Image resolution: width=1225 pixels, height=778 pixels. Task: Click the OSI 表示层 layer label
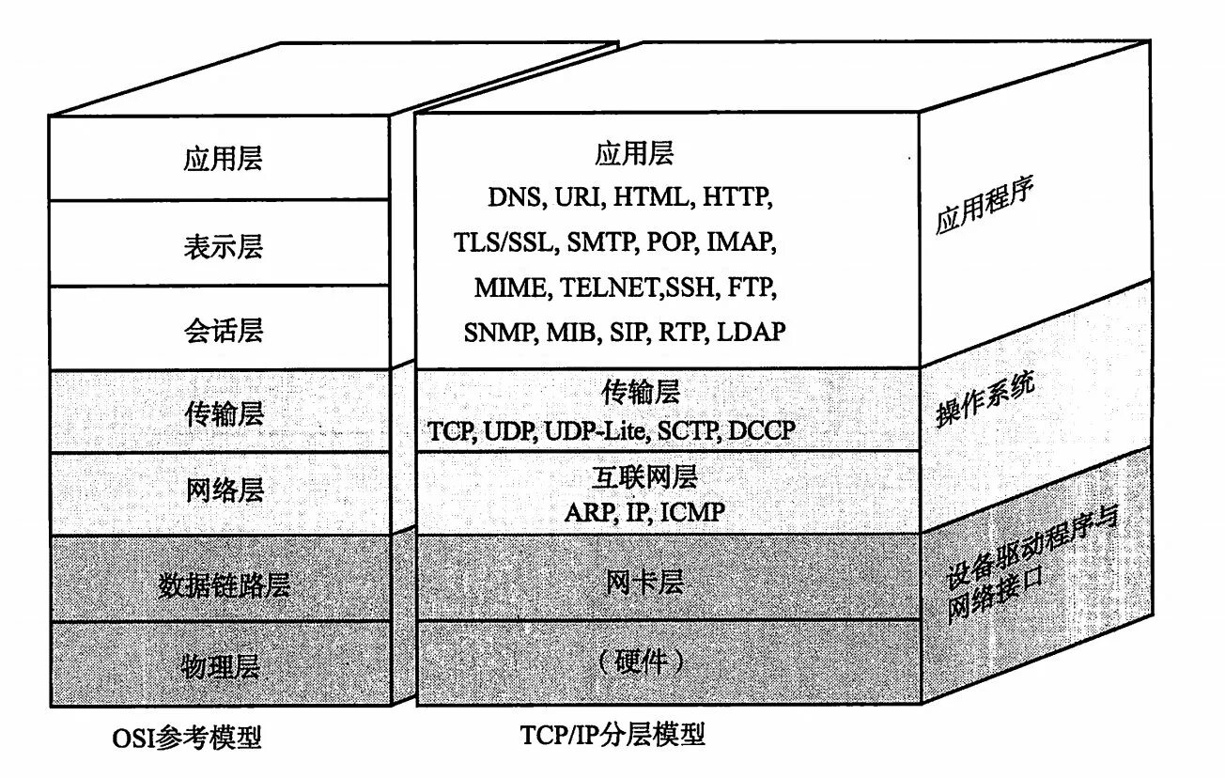[x=224, y=246]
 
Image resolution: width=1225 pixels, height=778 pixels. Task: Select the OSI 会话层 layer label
[x=224, y=330]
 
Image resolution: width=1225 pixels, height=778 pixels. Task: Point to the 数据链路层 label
[x=224, y=585]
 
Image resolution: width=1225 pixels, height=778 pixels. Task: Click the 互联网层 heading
[x=644, y=476]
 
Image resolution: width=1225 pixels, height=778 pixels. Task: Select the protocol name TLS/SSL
[x=503, y=242]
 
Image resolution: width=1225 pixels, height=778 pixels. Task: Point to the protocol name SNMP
[x=498, y=332]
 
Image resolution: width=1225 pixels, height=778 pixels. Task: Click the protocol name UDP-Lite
[x=596, y=431]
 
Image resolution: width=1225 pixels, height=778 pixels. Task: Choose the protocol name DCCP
[x=760, y=431]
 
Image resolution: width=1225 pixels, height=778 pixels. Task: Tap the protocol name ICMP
[x=693, y=513]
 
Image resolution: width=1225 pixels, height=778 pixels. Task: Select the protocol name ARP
[x=588, y=513]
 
